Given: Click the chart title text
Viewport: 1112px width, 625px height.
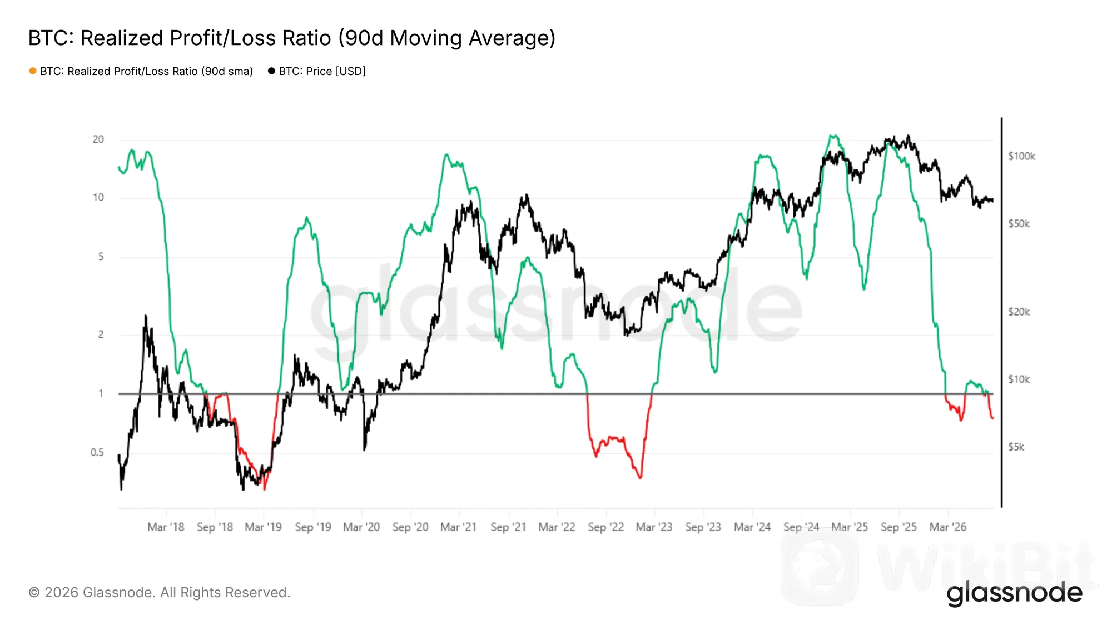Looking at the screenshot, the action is point(292,38).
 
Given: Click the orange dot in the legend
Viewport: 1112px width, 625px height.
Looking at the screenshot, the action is point(33,71).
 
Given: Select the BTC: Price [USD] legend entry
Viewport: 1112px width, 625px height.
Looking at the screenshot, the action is point(317,71).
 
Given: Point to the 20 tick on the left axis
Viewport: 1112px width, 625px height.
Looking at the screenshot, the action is point(98,139).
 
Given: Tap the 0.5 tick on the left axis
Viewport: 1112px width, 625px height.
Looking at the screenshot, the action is point(97,453).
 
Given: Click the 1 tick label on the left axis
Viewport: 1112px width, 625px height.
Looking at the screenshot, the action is point(101,393).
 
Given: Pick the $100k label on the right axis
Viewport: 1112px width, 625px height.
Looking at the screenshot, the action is point(1022,156).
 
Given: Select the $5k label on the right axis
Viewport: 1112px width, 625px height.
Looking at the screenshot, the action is point(1016,447).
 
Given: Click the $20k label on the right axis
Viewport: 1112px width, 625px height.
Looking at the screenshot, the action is point(1019,312).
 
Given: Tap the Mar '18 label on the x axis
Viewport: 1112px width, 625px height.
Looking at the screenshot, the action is point(166,527).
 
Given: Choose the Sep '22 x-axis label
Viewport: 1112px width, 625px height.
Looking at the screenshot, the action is point(606,527).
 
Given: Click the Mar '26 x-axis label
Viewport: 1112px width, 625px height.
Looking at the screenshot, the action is point(948,527).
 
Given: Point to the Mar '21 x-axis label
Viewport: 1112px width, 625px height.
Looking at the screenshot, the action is point(459,527).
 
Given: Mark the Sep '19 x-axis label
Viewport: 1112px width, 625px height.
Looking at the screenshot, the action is point(313,527).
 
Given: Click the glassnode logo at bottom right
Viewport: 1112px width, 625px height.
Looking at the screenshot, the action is point(1015,593).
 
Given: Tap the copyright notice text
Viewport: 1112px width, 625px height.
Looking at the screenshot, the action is point(160,593).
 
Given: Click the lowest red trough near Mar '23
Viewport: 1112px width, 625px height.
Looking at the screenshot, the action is point(641,477).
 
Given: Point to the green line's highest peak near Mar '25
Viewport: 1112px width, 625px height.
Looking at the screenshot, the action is point(832,136).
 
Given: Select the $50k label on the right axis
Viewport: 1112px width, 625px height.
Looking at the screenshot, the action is point(1019,224).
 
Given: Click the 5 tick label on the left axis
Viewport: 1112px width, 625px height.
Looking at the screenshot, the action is point(101,257).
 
